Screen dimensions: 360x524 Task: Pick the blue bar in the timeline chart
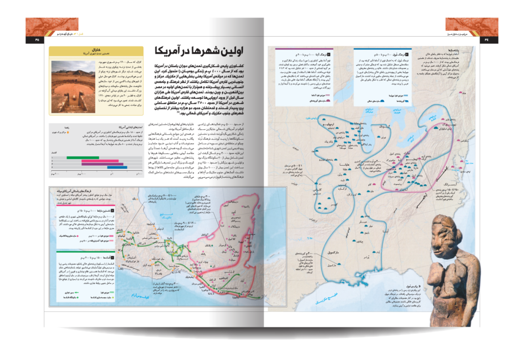117,167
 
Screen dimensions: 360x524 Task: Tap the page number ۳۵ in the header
36,39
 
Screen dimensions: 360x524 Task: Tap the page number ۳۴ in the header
487,39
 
